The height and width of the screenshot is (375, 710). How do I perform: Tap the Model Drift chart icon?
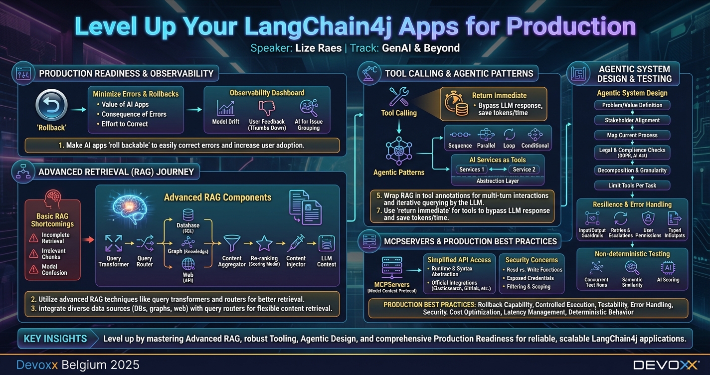(226, 108)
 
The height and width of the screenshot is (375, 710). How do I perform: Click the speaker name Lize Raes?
(319, 48)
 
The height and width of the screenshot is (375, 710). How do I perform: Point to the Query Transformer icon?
(114, 244)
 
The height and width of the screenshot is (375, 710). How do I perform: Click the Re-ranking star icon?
(264, 244)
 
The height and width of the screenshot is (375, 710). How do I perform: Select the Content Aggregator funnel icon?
(232, 244)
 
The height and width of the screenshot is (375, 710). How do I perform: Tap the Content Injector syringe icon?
(296, 244)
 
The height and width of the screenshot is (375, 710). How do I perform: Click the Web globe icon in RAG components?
(188, 264)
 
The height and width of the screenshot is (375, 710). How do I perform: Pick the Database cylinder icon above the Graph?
(188, 215)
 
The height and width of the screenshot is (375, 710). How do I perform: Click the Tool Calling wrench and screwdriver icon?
(399, 97)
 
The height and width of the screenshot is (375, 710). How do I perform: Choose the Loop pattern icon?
(509, 135)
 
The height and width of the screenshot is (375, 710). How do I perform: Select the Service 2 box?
(524, 170)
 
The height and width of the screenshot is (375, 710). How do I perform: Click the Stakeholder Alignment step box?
(632, 120)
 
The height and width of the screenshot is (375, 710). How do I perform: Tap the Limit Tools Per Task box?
(632, 185)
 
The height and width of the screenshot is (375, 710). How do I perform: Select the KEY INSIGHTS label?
(55, 339)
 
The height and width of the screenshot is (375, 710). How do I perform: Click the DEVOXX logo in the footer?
(666, 365)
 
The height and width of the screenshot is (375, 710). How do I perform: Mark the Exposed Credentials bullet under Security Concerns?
(530, 278)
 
